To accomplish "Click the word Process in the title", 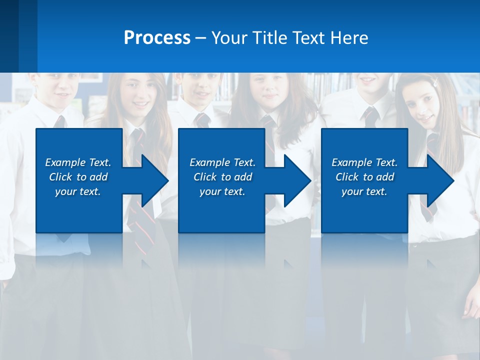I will click(157, 38).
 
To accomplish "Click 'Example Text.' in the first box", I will click(78, 162).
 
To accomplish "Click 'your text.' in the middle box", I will click(222, 191).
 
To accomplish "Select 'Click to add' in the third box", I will click(364, 177).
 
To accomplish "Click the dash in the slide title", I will click(200, 38).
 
